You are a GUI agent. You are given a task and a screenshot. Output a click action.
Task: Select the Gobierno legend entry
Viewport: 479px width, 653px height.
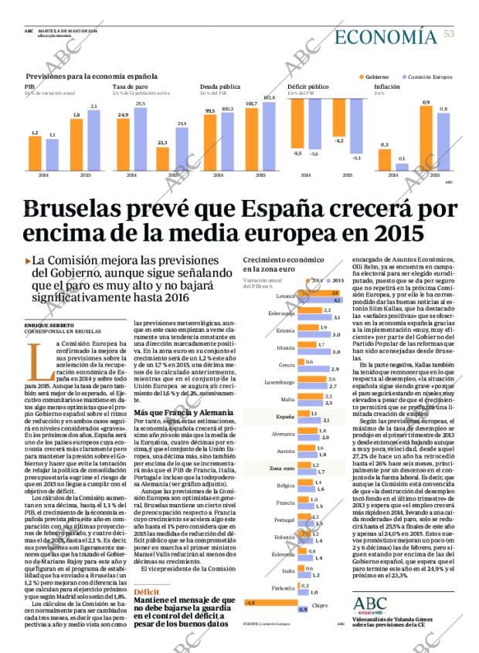pyautogui.click(x=375, y=76)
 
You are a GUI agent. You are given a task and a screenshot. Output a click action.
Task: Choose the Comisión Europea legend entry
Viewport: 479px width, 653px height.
pyautogui.click(x=426, y=76)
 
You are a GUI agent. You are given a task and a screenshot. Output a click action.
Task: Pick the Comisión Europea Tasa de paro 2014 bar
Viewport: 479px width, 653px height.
pyautogui.click(x=140, y=139)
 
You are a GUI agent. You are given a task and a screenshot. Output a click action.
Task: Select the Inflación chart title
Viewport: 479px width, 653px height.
pyautogui.click(x=387, y=86)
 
